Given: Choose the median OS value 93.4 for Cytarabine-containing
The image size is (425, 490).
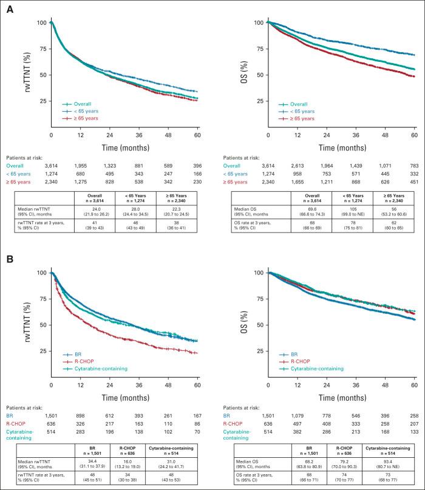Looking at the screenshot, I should [390, 463].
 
